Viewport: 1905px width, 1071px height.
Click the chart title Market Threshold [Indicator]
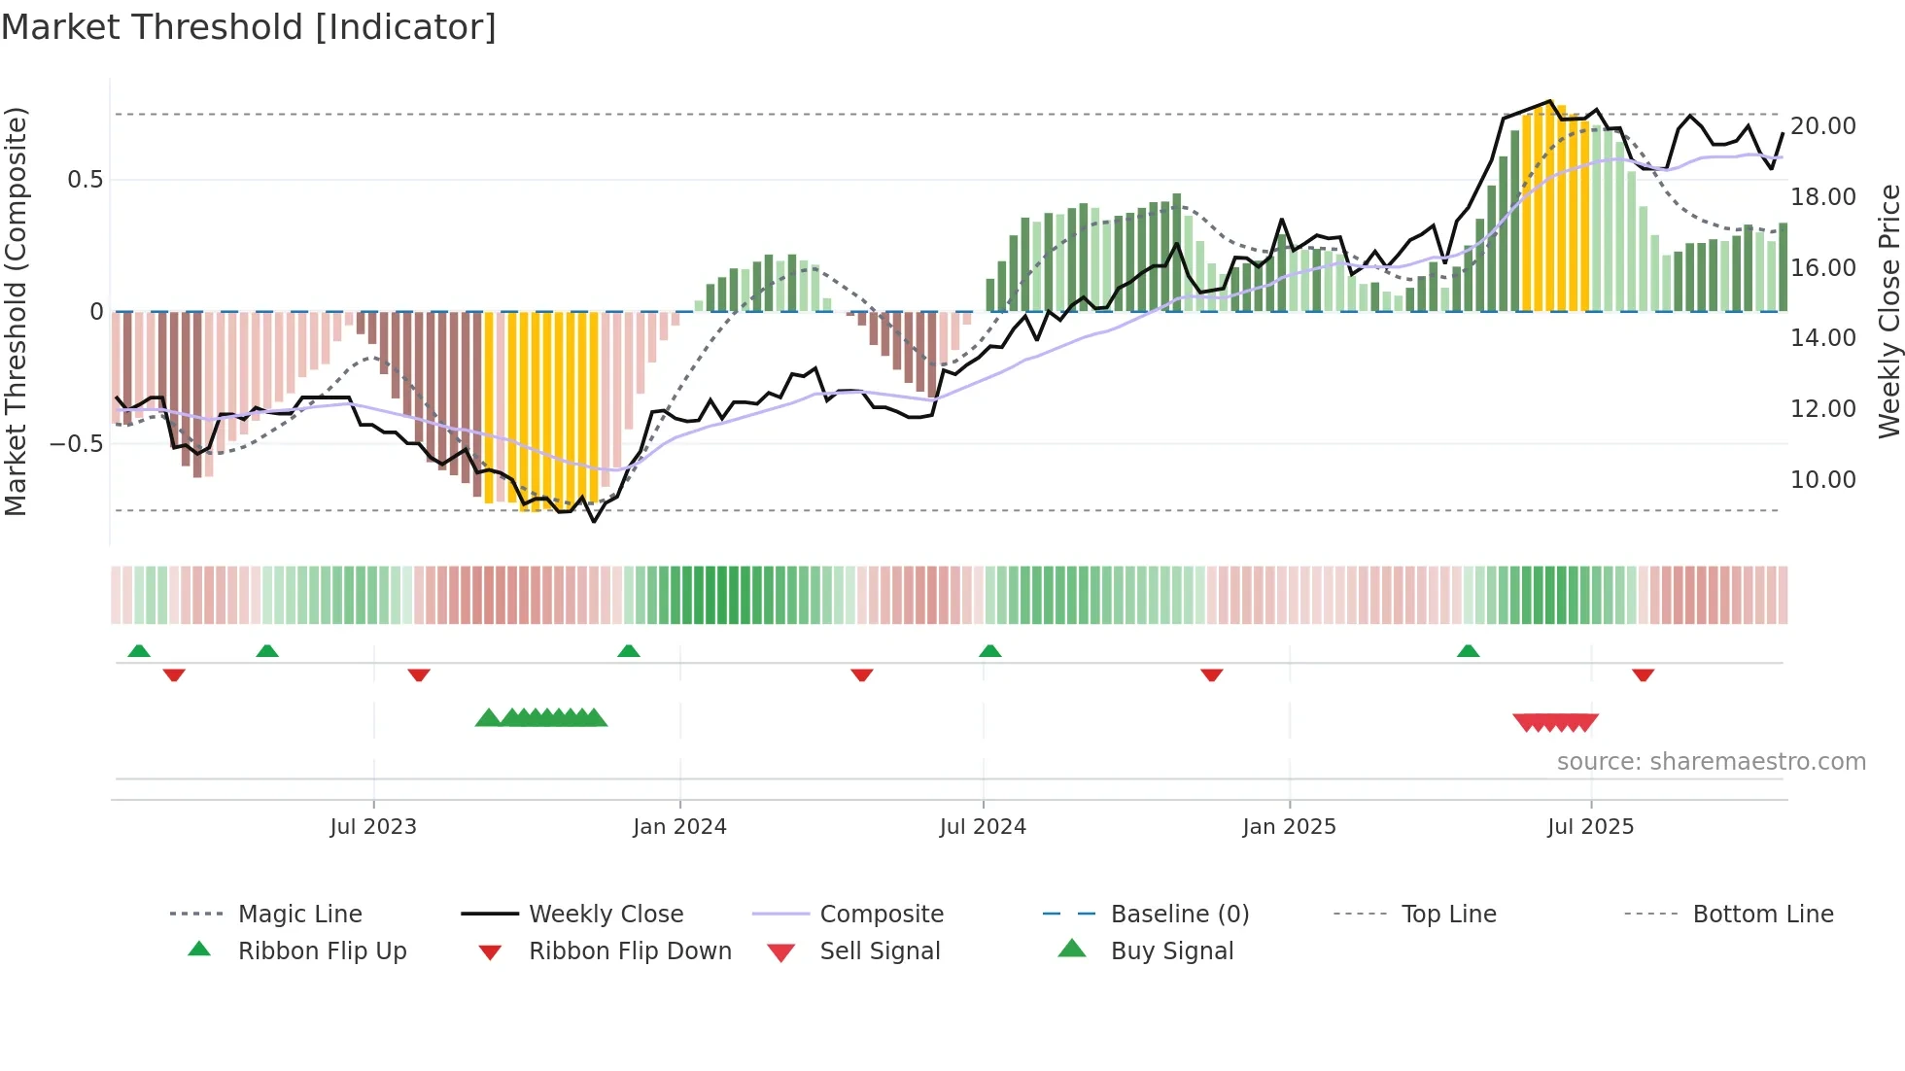tap(249, 27)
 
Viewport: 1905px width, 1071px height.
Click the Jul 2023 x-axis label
tap(372, 826)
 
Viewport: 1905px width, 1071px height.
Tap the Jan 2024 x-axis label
tap(679, 826)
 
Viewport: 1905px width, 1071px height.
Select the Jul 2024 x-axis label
tap(983, 826)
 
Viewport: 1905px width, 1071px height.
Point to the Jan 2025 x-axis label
tap(1289, 826)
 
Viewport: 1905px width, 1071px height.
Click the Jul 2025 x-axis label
tap(1590, 826)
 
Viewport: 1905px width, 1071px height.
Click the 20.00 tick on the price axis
tap(1822, 125)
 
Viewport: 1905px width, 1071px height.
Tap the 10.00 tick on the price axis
tap(1822, 479)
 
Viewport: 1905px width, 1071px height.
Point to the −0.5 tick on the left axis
tap(76, 443)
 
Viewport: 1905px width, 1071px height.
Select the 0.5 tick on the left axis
tap(85, 179)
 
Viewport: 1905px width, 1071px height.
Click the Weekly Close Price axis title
tap(1888, 311)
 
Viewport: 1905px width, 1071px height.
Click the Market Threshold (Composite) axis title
tap(16, 311)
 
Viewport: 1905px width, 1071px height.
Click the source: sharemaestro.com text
tap(1711, 761)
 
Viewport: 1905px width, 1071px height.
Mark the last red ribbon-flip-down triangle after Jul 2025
tap(1643, 674)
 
